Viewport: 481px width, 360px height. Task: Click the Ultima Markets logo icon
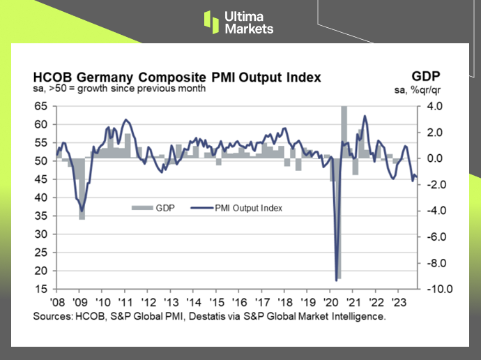point(211,22)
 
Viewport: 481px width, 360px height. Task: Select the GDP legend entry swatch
point(142,207)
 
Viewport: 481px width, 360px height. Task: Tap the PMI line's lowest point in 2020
point(337,280)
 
